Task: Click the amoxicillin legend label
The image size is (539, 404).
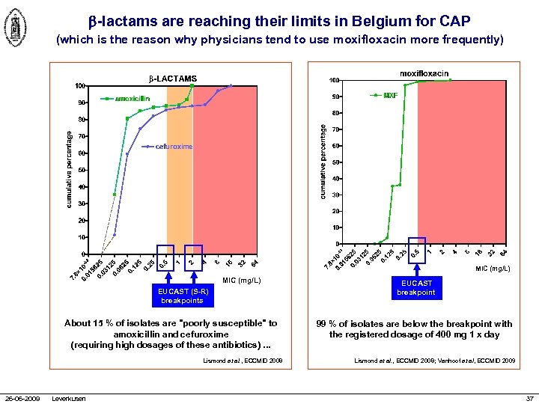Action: [132, 99]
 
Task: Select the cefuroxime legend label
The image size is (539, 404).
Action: [174, 147]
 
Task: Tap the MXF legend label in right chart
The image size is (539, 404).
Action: [390, 95]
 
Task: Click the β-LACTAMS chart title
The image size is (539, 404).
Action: [174, 79]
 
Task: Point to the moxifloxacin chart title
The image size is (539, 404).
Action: [424, 73]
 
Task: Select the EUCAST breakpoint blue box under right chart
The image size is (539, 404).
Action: [416, 288]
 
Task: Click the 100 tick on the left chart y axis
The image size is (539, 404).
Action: [80, 86]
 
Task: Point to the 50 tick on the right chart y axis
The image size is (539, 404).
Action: [337, 162]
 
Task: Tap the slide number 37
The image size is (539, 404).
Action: [529, 397]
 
